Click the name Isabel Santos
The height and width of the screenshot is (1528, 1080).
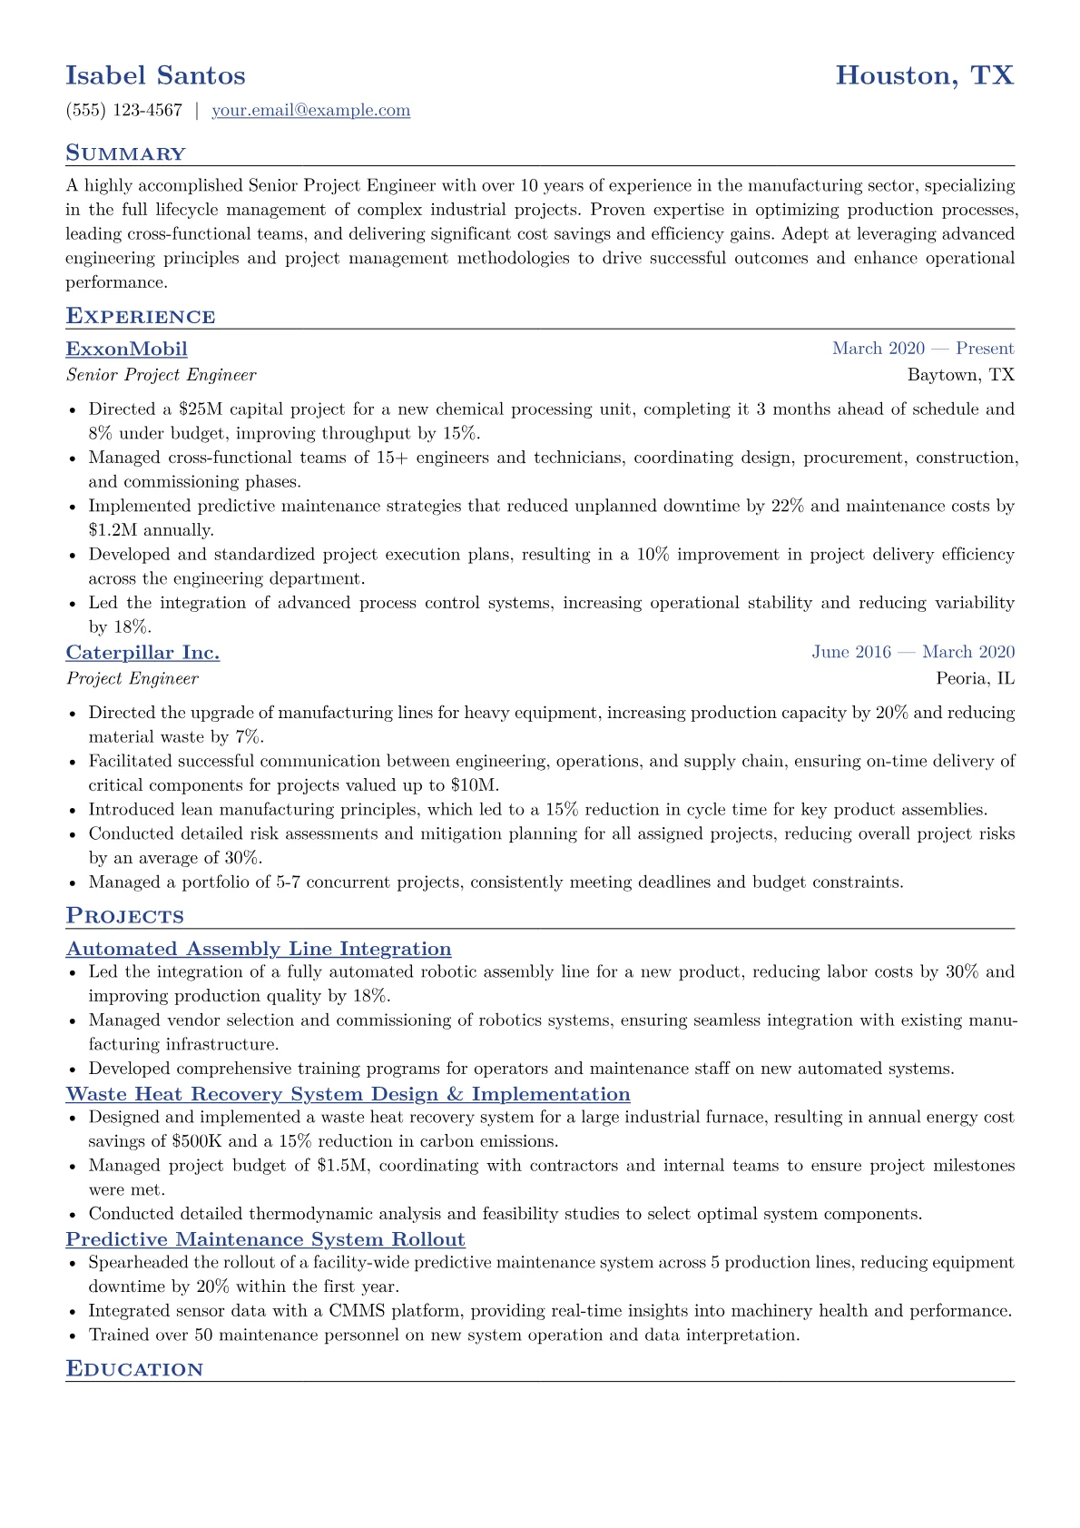[155, 75]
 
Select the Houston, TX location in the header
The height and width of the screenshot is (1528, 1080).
[924, 75]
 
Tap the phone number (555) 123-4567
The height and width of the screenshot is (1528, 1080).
[124, 111]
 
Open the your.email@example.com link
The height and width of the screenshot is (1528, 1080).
[310, 111]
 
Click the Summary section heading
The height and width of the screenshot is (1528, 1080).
[125, 153]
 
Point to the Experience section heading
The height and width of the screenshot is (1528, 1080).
[141, 317]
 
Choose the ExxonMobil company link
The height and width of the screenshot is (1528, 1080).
[127, 350]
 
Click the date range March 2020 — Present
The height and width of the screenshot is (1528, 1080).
[923, 349]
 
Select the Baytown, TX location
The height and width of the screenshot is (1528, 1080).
[960, 375]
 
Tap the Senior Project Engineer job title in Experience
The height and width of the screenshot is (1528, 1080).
[162, 375]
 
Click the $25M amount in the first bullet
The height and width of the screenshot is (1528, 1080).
[201, 409]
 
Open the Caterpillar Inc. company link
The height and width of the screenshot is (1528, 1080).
[142, 653]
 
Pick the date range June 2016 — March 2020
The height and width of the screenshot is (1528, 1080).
[913, 652]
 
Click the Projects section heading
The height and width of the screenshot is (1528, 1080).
[125, 916]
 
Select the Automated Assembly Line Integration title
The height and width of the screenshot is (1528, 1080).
[259, 949]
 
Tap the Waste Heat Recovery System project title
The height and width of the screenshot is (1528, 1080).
[348, 1094]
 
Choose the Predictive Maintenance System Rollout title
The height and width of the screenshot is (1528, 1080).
[265, 1239]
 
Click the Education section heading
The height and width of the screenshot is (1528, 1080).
[134, 1369]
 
